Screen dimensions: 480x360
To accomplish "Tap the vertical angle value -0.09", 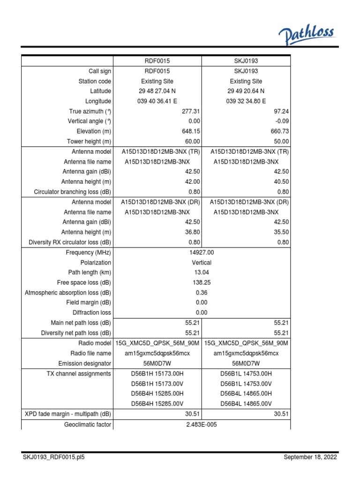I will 282,121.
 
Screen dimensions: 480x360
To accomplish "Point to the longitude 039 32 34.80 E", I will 246,101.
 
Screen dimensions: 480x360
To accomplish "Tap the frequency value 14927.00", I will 201,253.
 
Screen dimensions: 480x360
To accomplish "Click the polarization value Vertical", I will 201,262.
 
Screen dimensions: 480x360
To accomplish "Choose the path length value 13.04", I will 201,272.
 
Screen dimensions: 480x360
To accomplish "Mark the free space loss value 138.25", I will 201,283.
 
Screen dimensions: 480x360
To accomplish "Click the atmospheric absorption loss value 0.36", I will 201,292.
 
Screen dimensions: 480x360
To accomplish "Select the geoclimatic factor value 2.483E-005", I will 201,424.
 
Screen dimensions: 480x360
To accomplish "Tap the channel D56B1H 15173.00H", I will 157,374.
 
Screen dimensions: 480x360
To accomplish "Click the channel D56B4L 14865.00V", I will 246,404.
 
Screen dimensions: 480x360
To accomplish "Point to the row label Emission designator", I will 84,363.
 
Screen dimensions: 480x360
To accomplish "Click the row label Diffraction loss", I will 92,313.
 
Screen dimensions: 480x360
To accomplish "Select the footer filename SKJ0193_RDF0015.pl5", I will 53,457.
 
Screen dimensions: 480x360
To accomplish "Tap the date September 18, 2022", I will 310,457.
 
